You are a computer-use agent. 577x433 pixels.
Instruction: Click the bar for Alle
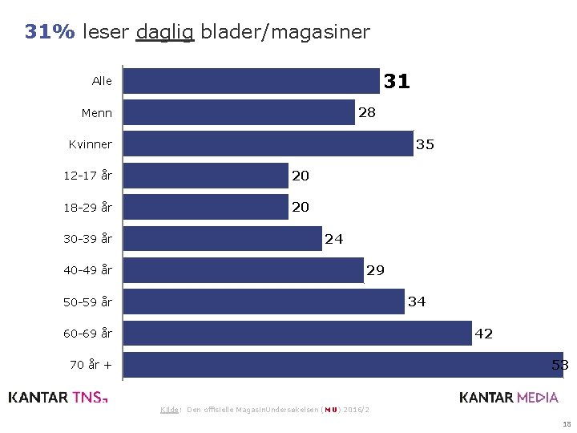(252, 81)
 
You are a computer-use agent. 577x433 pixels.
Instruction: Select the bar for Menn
(239, 112)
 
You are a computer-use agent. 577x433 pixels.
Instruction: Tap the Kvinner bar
(268, 144)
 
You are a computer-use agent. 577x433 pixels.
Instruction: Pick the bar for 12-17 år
(206, 176)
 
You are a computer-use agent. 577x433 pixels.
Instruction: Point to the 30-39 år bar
(223, 238)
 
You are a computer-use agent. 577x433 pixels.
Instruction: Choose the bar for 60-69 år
(298, 333)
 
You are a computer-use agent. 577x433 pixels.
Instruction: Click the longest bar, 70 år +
(343, 364)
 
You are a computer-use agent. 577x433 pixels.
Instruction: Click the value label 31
(397, 81)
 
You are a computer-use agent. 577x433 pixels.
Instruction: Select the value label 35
(425, 145)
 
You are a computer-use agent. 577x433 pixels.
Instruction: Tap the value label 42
(484, 334)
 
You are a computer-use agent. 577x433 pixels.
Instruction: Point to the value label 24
(333, 239)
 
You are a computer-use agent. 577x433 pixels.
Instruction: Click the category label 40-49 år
(88, 270)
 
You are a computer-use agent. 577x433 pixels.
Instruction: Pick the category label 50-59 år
(88, 302)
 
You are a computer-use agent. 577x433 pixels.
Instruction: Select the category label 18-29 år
(88, 208)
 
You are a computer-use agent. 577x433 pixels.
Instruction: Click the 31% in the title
(50, 32)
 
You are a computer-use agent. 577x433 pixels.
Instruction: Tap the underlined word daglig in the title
(165, 32)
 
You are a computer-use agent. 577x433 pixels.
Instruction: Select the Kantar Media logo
(509, 397)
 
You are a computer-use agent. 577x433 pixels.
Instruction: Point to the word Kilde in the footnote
(169, 410)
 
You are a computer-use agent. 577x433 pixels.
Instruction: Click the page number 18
(567, 423)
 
